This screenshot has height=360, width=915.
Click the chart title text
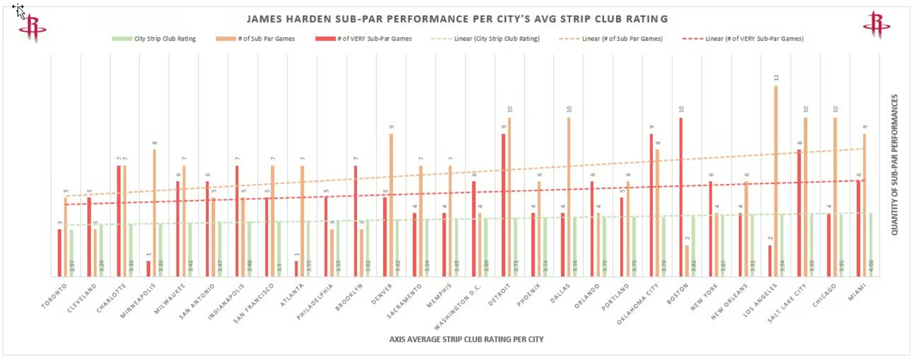click(457, 19)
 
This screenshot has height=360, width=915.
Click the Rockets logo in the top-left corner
click(32, 27)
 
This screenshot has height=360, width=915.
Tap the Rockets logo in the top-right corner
click(876, 25)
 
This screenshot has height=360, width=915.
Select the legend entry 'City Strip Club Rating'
click(154, 39)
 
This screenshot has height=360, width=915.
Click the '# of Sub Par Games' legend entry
click(255, 39)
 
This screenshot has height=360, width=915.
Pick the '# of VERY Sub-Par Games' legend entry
click(364, 39)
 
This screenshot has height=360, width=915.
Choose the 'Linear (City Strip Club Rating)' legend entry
click(485, 39)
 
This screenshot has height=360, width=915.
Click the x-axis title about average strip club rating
click(466, 340)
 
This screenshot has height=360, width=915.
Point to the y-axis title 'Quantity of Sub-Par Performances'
click(895, 165)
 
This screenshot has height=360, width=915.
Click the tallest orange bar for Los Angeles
click(776, 181)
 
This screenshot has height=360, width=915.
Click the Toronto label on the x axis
click(54, 296)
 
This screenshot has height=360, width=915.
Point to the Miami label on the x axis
click(857, 292)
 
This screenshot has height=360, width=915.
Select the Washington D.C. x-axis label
click(458, 307)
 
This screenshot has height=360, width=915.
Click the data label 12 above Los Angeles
click(777, 78)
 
